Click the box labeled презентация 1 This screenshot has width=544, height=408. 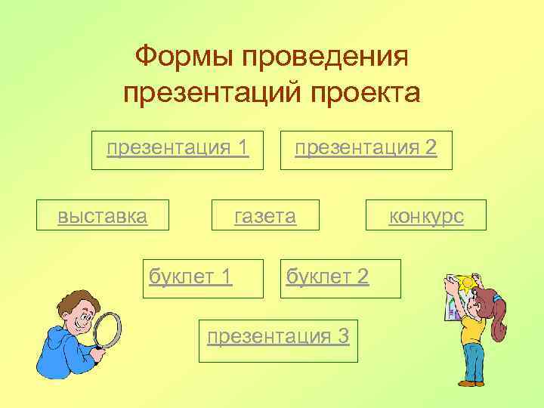pos(178,147)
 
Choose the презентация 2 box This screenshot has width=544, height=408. pos(366,147)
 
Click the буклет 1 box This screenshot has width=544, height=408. pos(190,277)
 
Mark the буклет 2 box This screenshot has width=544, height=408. pos(327,277)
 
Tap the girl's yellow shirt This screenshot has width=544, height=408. pos(473,329)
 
